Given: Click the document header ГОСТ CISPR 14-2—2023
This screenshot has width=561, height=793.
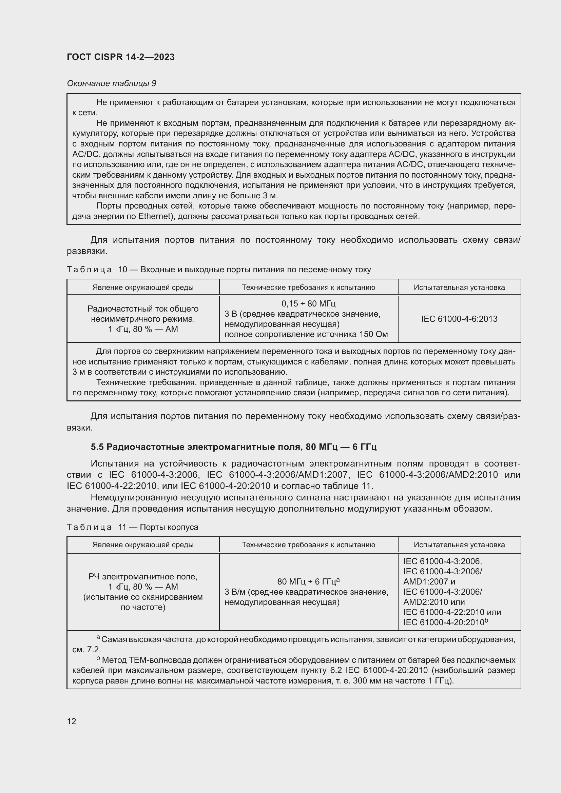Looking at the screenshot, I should (120, 57).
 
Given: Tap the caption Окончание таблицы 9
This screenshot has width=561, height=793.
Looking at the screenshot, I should (111, 83).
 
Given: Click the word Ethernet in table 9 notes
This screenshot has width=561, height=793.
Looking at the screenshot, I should (155, 217).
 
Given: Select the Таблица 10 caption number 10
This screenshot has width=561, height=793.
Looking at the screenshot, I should (123, 270).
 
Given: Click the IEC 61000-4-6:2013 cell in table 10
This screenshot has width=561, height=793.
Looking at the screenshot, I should (459, 319).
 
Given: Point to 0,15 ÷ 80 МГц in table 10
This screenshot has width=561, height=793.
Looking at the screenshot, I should (308, 303).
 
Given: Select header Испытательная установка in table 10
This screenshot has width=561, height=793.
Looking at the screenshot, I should (459, 288).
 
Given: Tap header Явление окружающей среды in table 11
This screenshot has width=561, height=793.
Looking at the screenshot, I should (143, 545).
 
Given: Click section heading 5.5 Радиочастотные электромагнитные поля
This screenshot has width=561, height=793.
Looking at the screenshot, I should (233, 447).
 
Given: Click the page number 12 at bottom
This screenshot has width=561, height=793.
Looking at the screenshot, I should (72, 721).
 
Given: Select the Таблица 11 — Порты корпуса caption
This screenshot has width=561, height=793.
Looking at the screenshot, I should (133, 527).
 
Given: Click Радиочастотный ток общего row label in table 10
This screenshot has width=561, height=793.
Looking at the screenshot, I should (143, 309).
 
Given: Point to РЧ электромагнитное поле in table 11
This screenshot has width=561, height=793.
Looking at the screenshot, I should (143, 576).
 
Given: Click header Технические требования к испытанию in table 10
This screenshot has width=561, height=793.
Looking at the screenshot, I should (308, 288).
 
